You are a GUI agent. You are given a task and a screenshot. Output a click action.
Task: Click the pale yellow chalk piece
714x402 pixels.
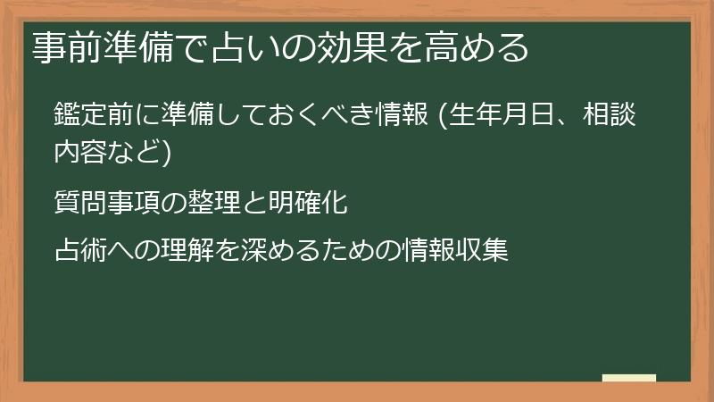pyautogui.click(x=629, y=378)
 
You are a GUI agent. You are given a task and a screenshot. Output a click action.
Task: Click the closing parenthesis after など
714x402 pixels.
pyautogui.click(x=165, y=154)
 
